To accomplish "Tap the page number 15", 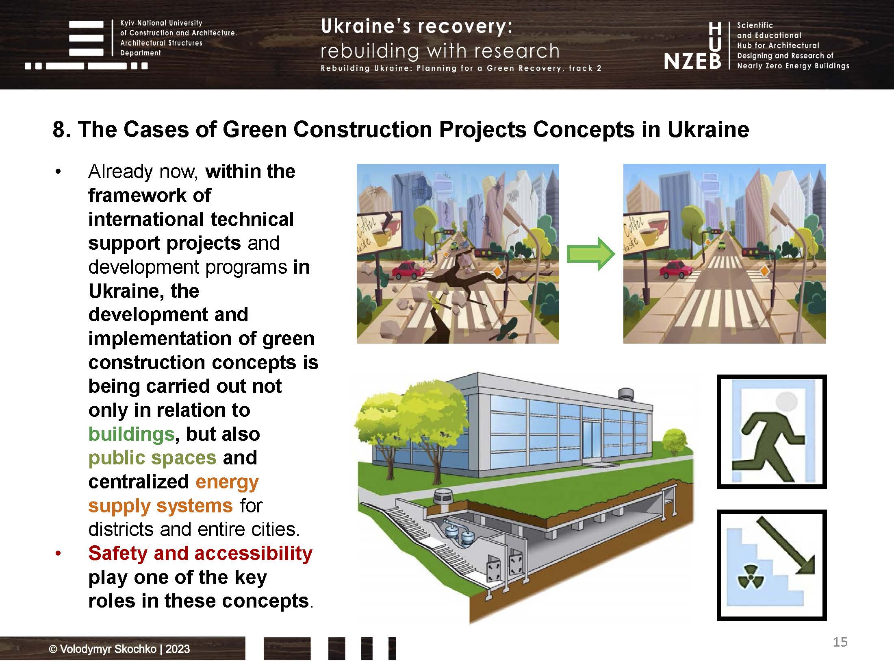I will pyautogui.click(x=840, y=642).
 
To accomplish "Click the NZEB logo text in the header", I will pyautogui.click(x=692, y=61).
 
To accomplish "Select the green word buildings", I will pyautogui.click(x=131, y=434).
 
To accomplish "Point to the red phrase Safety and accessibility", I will pyautogui.click(x=200, y=553).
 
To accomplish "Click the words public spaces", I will pyautogui.click(x=152, y=457).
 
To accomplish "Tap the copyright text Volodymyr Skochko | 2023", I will pyautogui.click(x=119, y=649).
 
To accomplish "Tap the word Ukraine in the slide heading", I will pyautogui.click(x=708, y=130).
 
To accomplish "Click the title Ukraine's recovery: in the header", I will pyautogui.click(x=417, y=26).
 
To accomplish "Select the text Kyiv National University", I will pyautogui.click(x=161, y=23).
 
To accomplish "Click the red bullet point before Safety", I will pyautogui.click(x=58, y=553).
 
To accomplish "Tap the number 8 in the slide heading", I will pyautogui.click(x=59, y=130).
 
